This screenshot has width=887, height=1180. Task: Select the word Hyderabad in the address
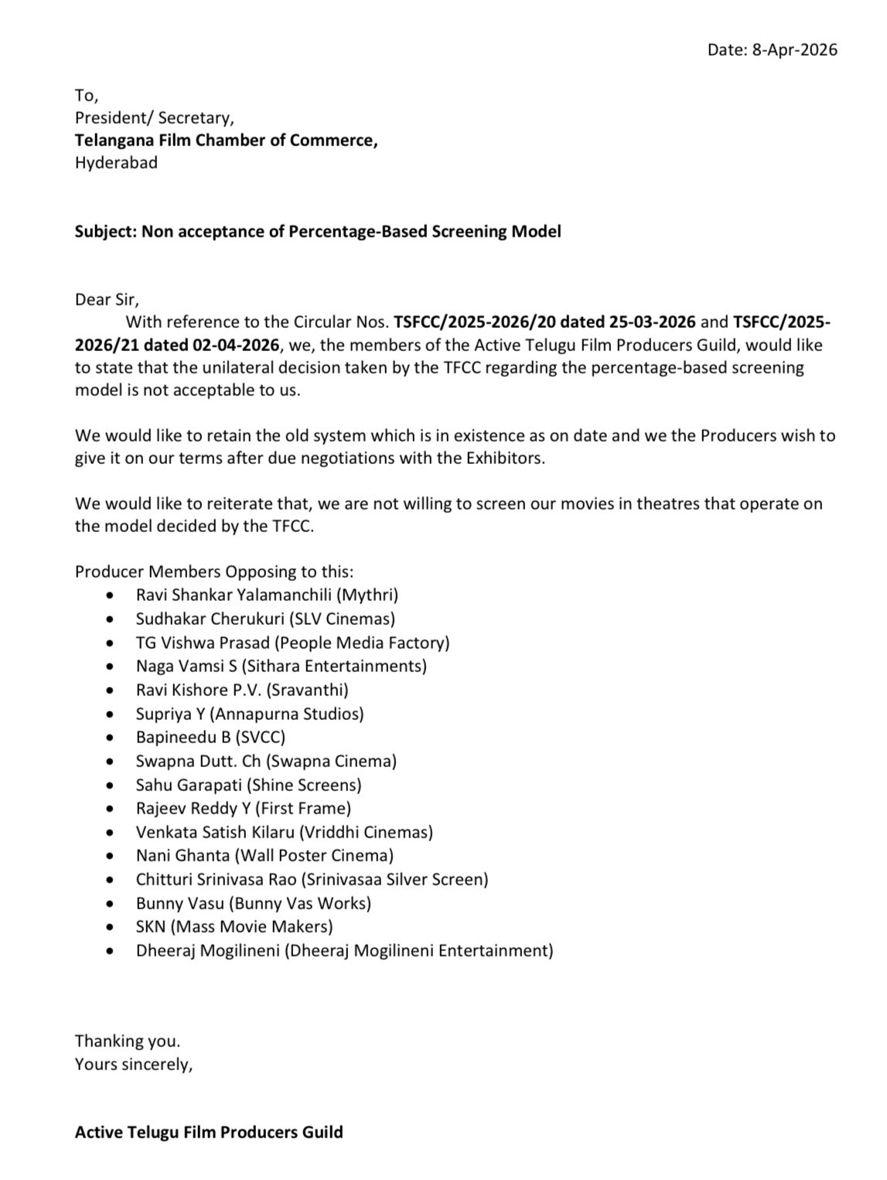pyautogui.click(x=116, y=162)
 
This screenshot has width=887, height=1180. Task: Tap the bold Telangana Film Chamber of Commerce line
pyautogui.click(x=226, y=140)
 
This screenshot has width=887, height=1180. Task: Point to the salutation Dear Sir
pyautogui.click(x=107, y=299)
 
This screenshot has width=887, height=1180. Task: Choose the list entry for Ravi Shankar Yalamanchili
pyautogui.click(x=267, y=595)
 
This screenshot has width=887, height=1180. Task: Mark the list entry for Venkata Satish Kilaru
pyautogui.click(x=284, y=832)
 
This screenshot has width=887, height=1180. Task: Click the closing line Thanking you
pyautogui.click(x=127, y=1041)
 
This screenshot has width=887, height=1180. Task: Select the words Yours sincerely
pyautogui.click(x=133, y=1064)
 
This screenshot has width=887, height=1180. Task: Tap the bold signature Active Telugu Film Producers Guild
pyautogui.click(x=209, y=1132)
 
